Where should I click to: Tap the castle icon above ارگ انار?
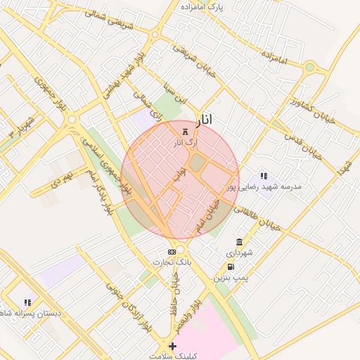[x=186, y=131]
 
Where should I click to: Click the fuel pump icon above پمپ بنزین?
[x=231, y=267]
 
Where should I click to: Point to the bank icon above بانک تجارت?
[x=172, y=251]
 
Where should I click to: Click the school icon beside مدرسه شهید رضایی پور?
[x=264, y=176]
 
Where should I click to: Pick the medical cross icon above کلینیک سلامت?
[x=172, y=347]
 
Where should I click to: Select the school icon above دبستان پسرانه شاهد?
[x=27, y=302]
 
